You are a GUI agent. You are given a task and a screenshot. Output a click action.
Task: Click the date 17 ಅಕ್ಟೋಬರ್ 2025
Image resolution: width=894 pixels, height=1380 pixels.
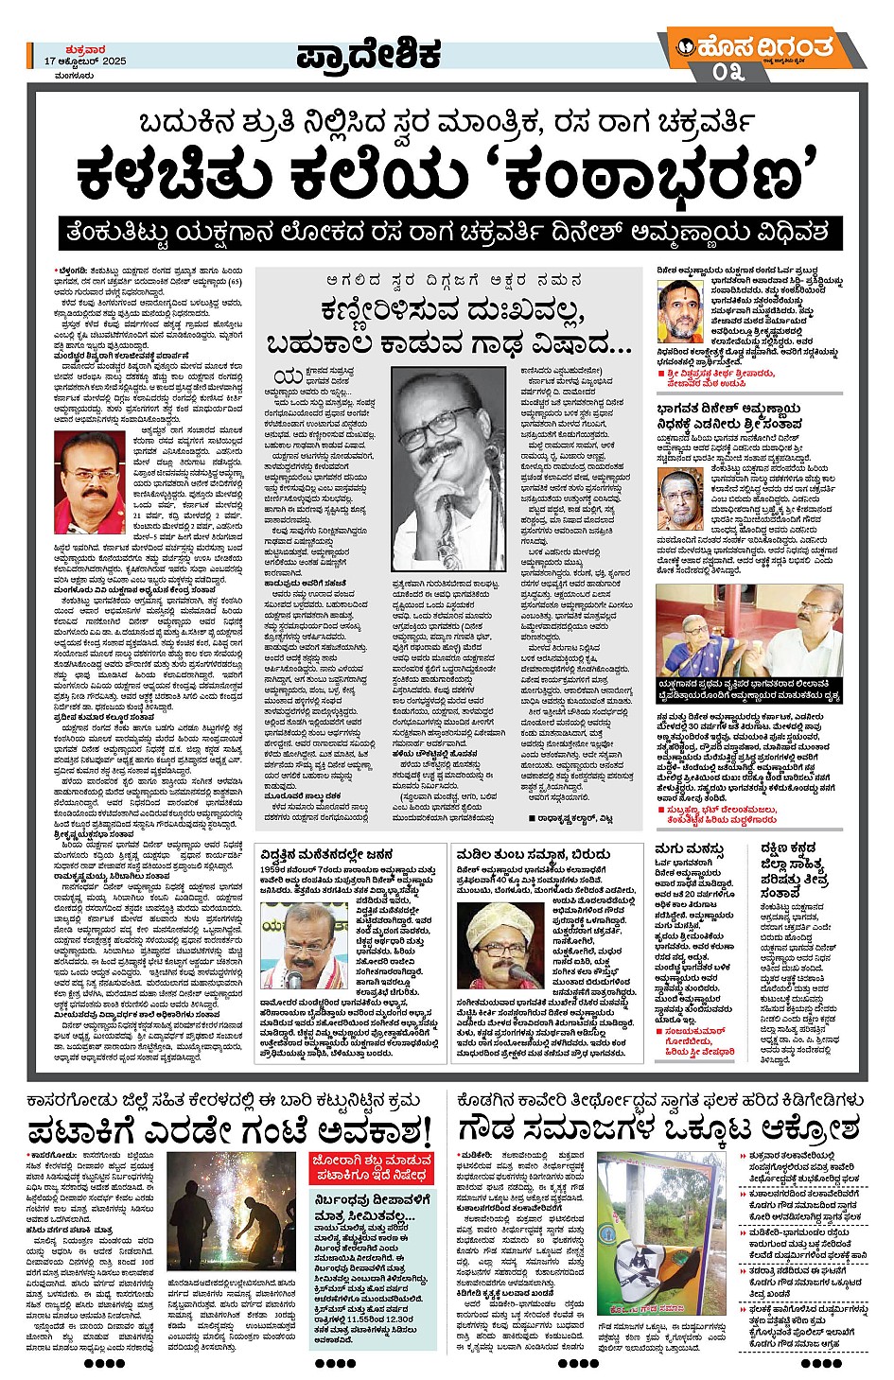tap(84, 61)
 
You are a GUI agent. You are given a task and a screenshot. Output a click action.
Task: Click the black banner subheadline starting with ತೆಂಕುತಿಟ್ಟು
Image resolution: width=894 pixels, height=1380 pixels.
tap(446, 232)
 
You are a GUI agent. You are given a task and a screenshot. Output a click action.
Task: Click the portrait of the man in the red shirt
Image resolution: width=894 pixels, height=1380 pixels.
tap(90, 483)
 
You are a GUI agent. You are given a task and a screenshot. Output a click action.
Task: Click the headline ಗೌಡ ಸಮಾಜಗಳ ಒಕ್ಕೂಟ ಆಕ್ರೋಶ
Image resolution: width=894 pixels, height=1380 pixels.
tap(658, 1127)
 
